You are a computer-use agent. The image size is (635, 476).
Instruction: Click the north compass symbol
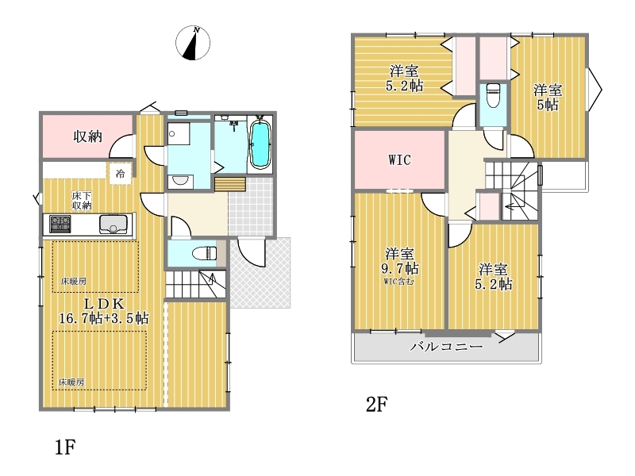[193, 43]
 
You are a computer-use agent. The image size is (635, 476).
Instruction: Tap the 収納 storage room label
[87, 136]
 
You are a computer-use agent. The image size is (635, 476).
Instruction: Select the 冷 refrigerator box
[120, 174]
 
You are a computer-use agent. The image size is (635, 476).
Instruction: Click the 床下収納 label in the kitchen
[82, 201]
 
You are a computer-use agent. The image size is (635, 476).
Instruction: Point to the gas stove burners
[60, 224]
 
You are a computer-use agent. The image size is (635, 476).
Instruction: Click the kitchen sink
[113, 225]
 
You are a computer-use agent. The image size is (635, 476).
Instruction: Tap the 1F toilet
[205, 253]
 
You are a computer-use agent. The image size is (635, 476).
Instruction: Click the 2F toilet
[493, 95]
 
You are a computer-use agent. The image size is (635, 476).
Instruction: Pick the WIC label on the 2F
[399, 160]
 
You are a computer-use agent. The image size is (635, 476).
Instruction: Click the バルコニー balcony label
[446, 347]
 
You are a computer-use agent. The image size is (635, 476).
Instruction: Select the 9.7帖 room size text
[400, 268]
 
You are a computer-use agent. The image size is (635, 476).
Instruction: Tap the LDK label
[104, 303]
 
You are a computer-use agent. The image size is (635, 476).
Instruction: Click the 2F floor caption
[376, 404]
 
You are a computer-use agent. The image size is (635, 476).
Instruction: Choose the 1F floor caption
[65, 447]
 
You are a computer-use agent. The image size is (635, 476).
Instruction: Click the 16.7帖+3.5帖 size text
[104, 318]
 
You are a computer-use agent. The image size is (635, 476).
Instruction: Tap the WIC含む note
[399, 282]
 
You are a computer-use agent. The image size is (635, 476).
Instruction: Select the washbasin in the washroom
[180, 182]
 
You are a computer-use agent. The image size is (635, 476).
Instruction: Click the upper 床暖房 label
[73, 281]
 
